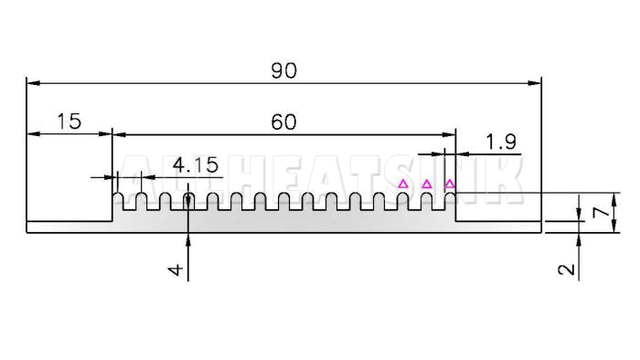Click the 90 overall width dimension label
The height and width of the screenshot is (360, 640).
point(284,71)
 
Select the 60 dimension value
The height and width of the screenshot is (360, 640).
point(283,122)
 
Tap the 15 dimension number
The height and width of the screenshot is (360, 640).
point(69,122)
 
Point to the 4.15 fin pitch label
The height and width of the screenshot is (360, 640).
point(196,165)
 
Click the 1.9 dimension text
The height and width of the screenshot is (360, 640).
point(501,142)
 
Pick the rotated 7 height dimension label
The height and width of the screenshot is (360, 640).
point(601,212)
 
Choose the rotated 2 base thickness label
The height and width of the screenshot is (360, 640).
point(567,269)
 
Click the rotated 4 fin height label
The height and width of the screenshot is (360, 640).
point(176,270)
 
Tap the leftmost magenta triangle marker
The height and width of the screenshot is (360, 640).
point(403,184)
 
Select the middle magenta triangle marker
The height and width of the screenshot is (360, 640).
point(427,185)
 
